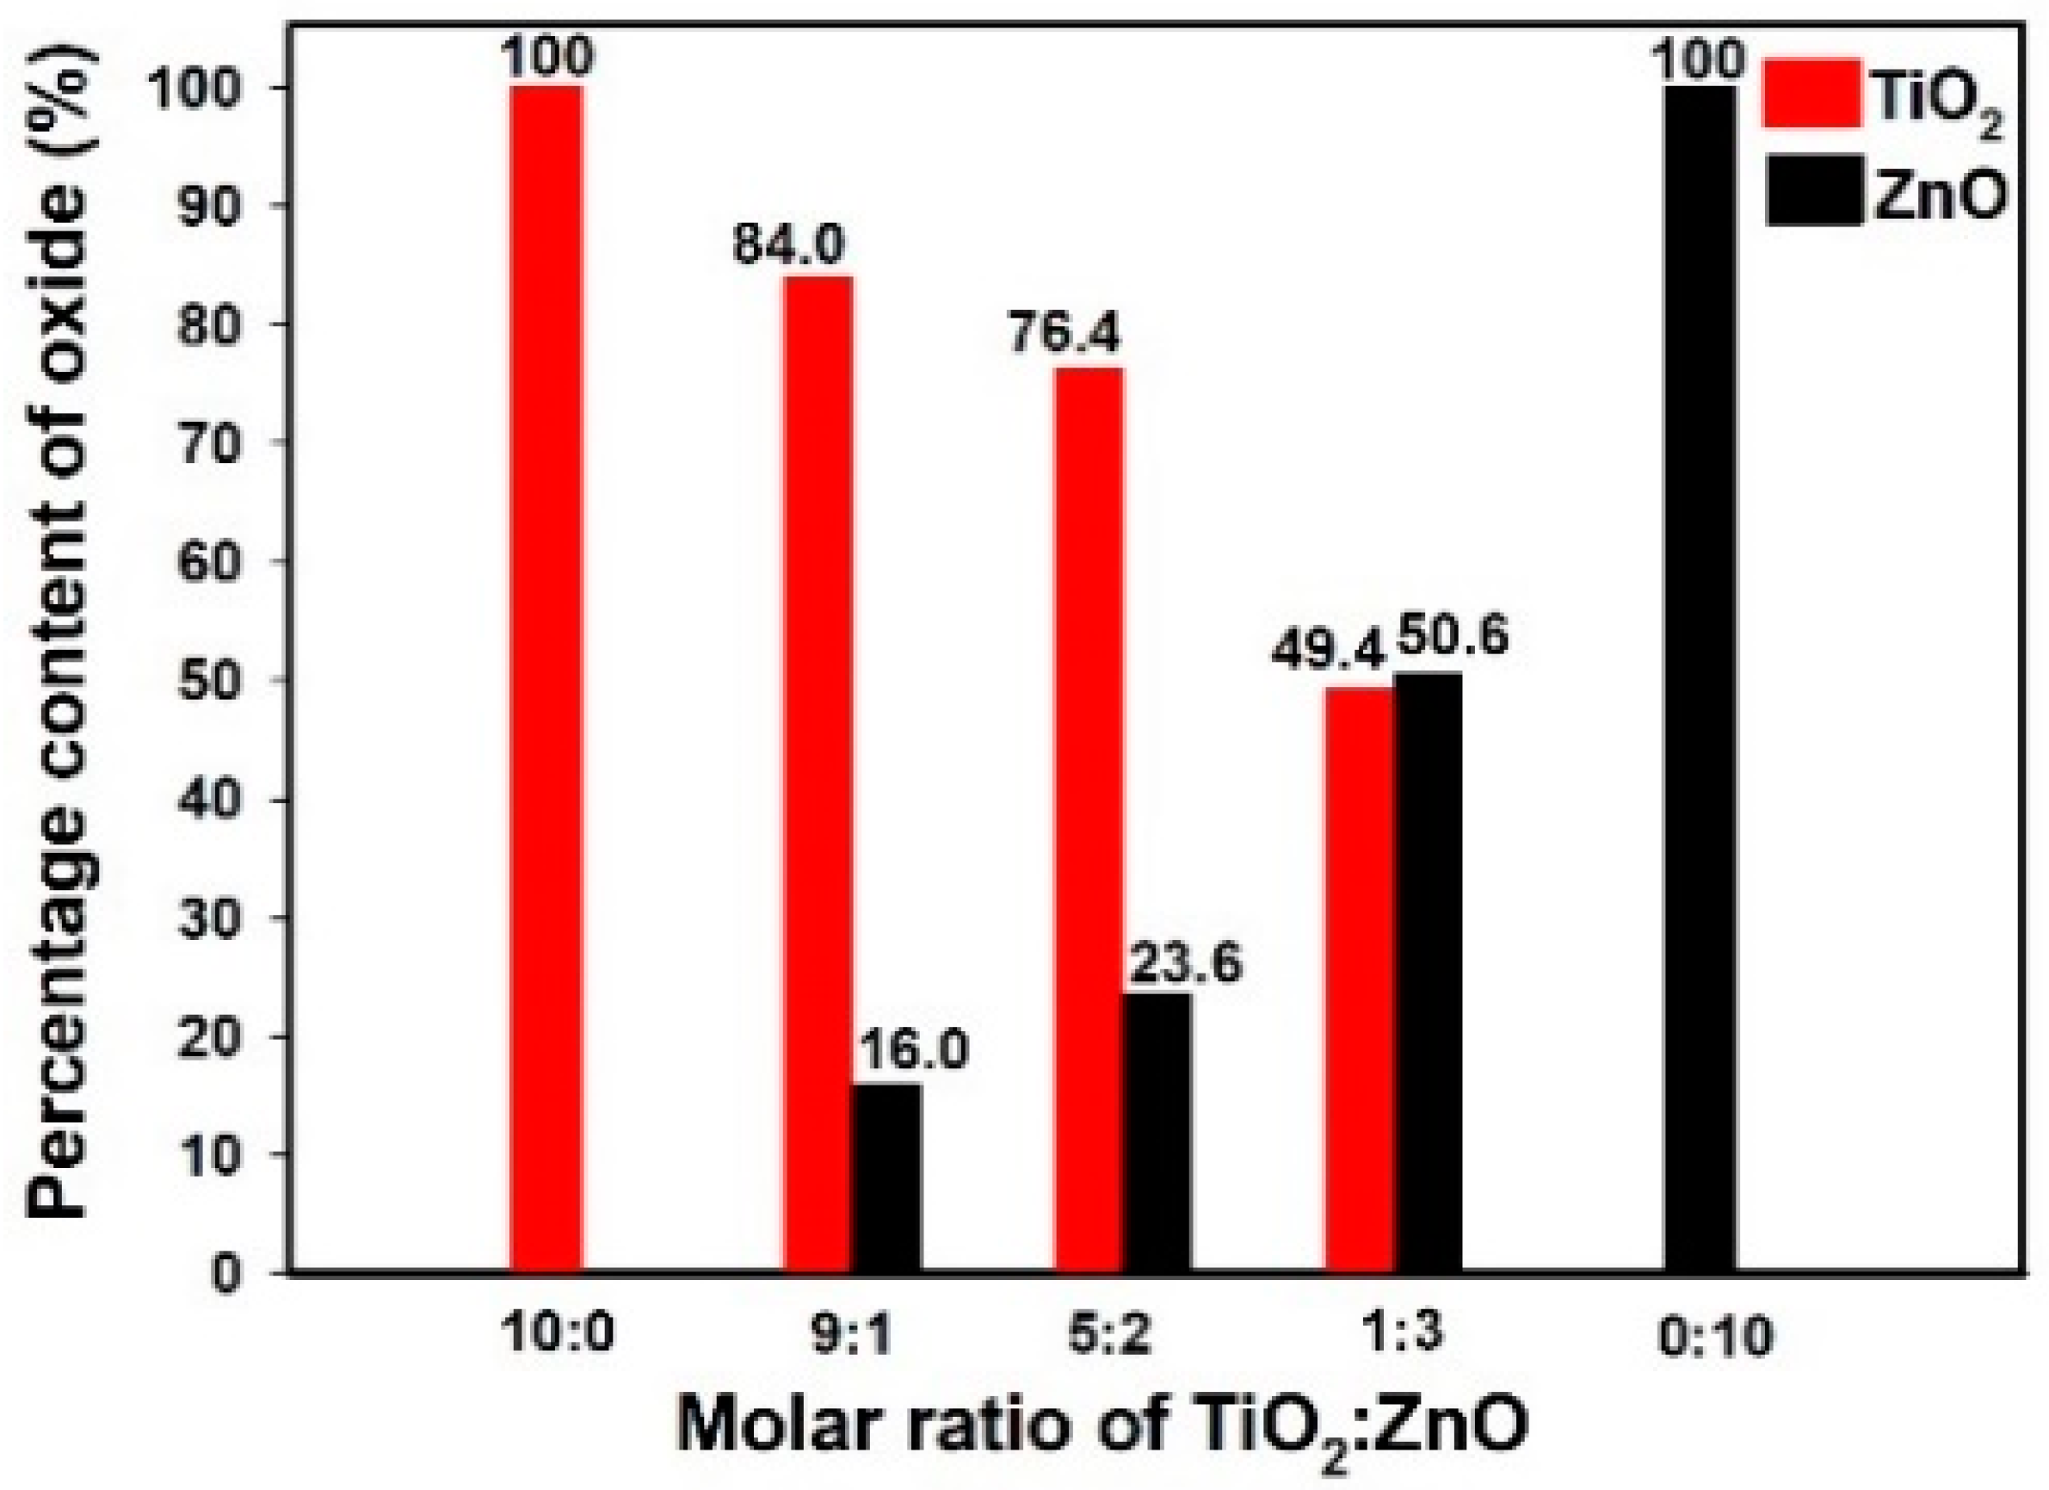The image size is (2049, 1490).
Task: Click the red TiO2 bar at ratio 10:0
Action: click(546, 677)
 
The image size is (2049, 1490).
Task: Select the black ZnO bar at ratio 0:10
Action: click(1700, 677)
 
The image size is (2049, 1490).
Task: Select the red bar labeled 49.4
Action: click(1359, 980)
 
